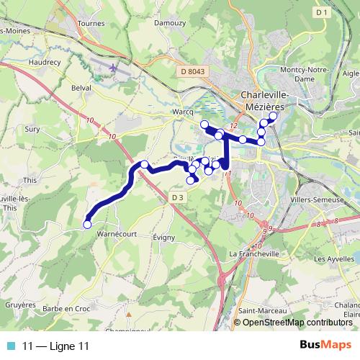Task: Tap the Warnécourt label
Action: [x=115, y=233]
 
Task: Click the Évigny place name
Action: [x=165, y=236]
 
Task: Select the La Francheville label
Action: [x=253, y=255]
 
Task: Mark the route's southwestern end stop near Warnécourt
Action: [x=87, y=224]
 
